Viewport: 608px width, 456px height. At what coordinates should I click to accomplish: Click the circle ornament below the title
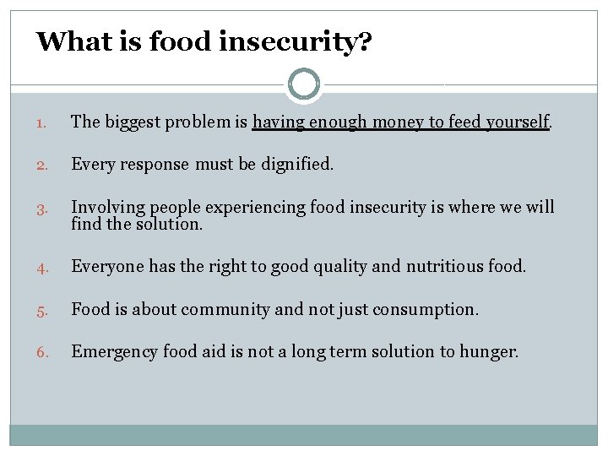[304, 84]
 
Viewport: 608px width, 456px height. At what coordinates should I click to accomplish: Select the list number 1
[43, 122]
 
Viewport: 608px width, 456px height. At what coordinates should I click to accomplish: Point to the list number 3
[43, 208]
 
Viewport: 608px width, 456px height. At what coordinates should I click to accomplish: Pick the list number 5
[43, 310]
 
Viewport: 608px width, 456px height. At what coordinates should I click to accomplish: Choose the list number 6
[43, 352]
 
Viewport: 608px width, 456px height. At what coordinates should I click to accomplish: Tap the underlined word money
[397, 122]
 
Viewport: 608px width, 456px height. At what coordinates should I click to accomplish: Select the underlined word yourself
[515, 122]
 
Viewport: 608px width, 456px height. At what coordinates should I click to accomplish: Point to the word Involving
[106, 207]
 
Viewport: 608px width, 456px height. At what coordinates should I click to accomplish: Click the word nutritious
[445, 266]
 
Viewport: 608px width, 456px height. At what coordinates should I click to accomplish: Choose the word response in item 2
[158, 164]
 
